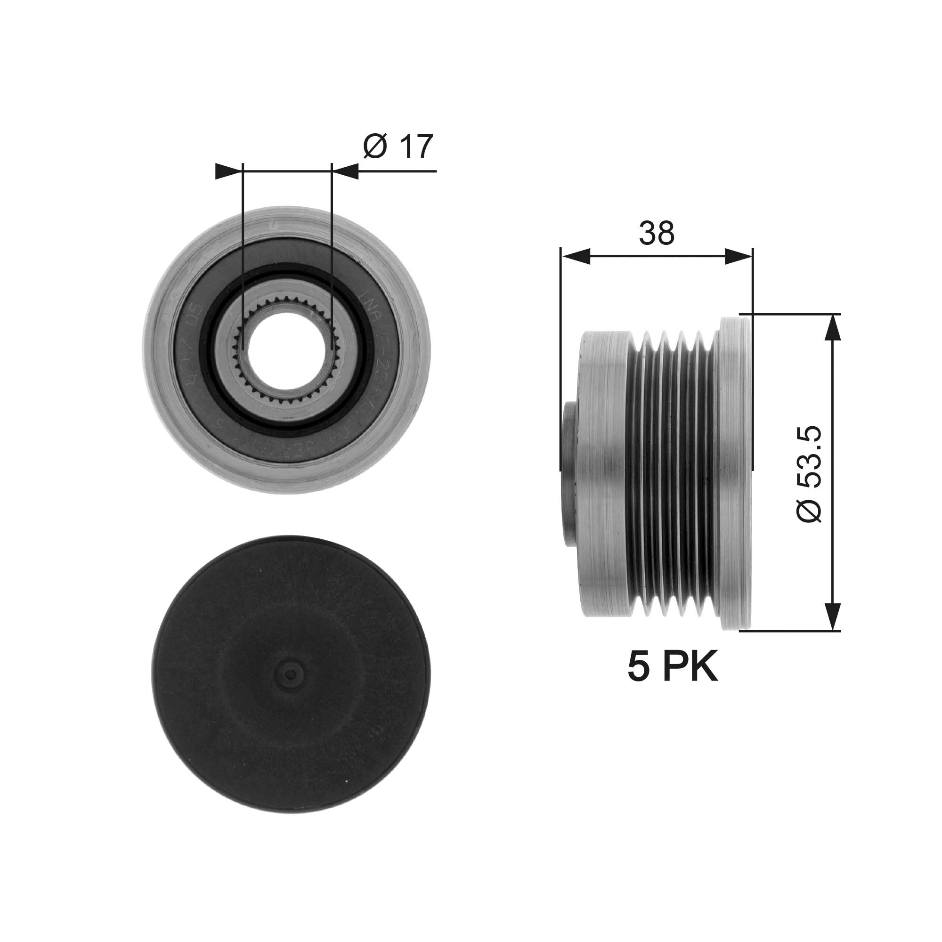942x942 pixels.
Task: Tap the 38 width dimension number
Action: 657,233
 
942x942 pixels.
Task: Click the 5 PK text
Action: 673,667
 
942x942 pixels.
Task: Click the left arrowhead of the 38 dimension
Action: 576,257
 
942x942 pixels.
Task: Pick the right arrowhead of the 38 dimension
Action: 738,257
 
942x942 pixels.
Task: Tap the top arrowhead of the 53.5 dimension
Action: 833,327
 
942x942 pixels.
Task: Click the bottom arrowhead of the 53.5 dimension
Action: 833,617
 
